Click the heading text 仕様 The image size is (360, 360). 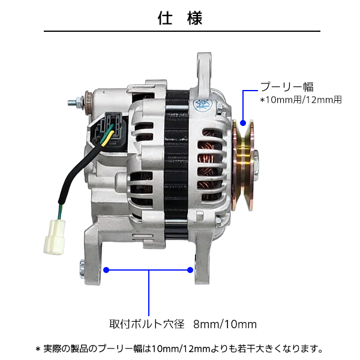point(180,17)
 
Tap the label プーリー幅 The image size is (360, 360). point(286,86)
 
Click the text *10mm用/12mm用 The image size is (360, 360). point(300,100)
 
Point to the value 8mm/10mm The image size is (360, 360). point(225,324)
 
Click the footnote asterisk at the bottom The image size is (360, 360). point(38,348)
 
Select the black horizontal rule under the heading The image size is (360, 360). point(180,31)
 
